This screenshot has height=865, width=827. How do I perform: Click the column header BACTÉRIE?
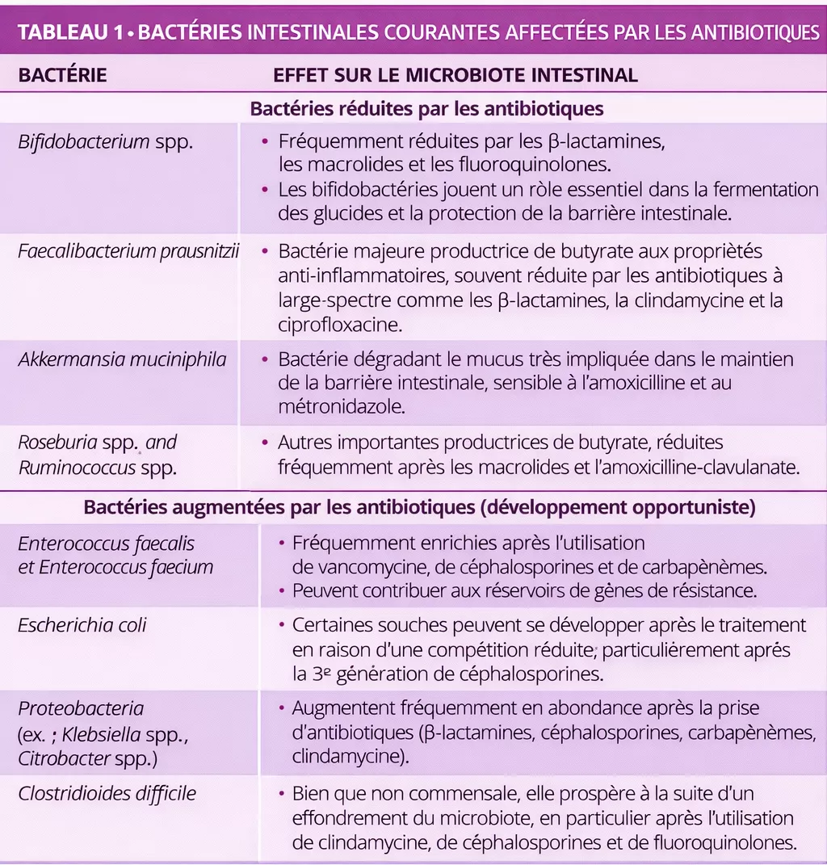(62, 76)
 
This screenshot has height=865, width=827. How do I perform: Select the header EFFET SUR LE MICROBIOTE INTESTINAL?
(455, 76)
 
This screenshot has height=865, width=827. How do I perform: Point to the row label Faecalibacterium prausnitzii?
(129, 251)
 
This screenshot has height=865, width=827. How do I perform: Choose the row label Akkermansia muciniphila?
(122, 359)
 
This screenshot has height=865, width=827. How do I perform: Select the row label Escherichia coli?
(82, 625)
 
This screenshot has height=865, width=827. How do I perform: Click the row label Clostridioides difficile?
(107, 793)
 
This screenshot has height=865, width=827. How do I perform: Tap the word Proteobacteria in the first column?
(81, 709)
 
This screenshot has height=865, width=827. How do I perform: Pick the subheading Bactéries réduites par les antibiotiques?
(427, 108)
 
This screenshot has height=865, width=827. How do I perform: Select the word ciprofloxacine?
(340, 324)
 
